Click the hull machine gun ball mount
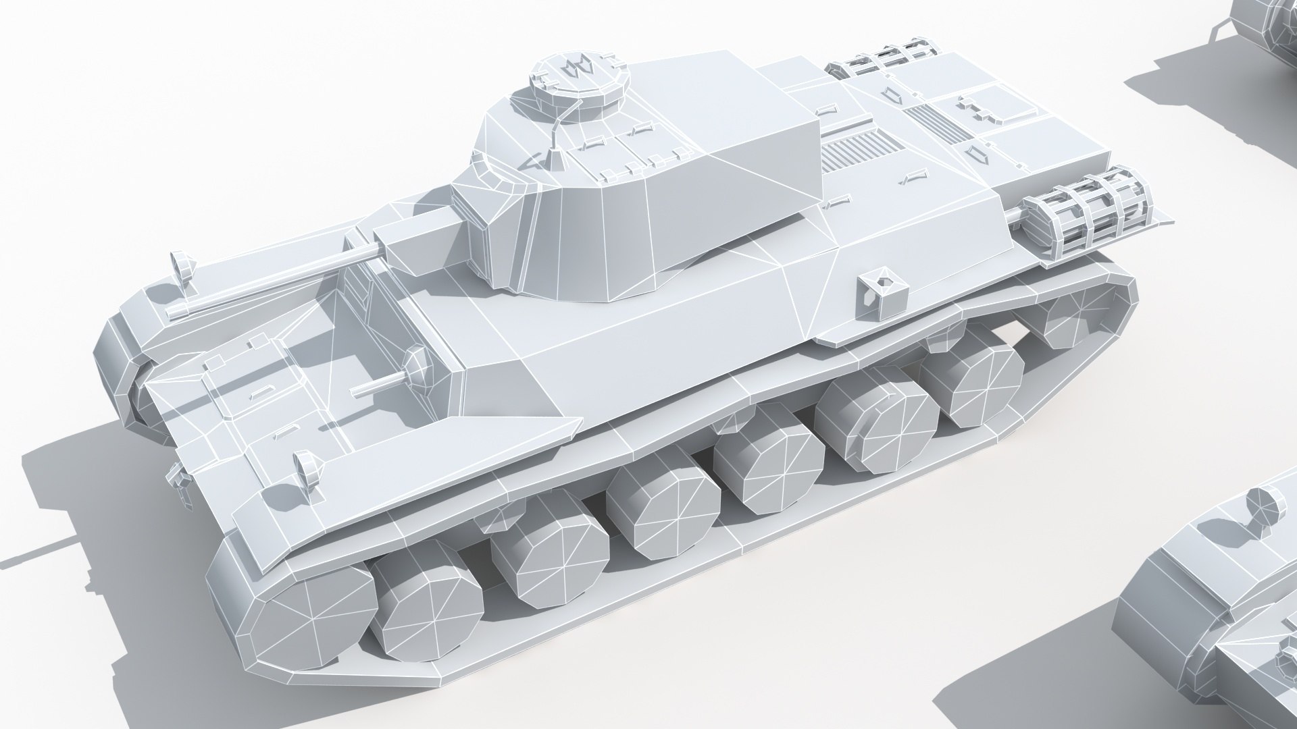(x=413, y=369)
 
